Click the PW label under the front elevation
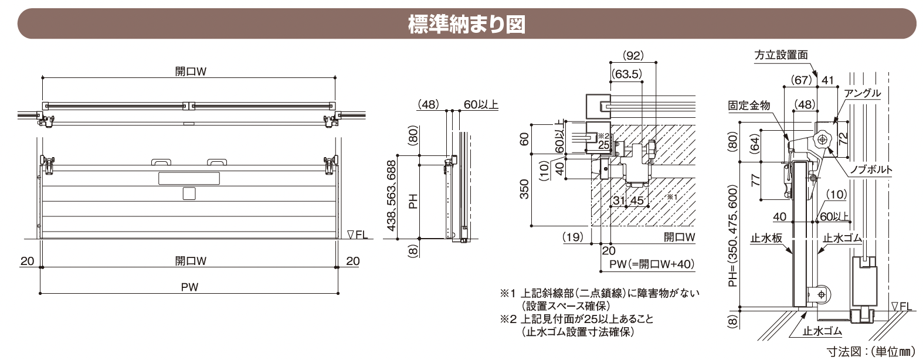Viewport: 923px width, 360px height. click(x=190, y=287)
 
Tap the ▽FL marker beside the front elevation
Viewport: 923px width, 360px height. click(x=357, y=235)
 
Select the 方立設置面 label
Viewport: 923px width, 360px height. click(x=781, y=55)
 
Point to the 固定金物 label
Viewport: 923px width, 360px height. click(x=749, y=106)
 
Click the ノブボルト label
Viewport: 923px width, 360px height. click(x=871, y=170)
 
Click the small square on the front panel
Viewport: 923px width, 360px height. click(x=189, y=193)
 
